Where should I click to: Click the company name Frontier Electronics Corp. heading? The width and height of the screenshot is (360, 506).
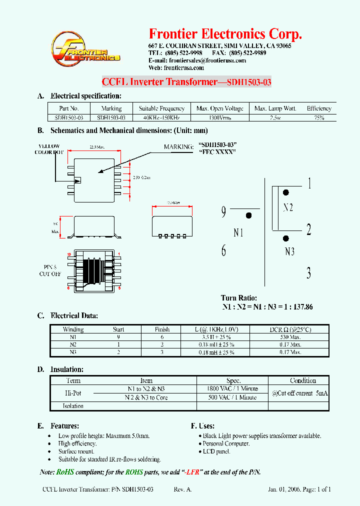(x=225, y=34)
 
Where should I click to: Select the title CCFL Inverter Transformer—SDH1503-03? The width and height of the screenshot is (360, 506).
(x=186, y=82)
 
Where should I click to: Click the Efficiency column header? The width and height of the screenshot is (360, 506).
(x=319, y=108)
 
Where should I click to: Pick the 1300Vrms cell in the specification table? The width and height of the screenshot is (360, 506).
(x=219, y=118)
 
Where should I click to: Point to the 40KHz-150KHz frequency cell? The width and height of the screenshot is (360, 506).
(x=161, y=118)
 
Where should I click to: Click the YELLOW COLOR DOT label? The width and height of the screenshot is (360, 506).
(x=48, y=149)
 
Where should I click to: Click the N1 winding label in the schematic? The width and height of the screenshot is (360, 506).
(x=238, y=232)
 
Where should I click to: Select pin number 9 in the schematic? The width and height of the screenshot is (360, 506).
(x=223, y=212)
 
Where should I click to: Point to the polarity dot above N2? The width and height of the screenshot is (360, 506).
(x=286, y=192)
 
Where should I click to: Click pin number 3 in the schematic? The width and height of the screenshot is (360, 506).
(x=308, y=273)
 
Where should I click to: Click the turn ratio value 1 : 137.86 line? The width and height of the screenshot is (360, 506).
(x=267, y=307)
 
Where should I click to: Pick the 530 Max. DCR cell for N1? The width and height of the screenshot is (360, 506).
(x=289, y=337)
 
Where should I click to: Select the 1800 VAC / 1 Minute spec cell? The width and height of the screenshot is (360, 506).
(x=232, y=388)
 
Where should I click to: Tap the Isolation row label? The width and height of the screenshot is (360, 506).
(x=73, y=406)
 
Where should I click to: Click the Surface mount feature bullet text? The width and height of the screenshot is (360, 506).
(x=76, y=451)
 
